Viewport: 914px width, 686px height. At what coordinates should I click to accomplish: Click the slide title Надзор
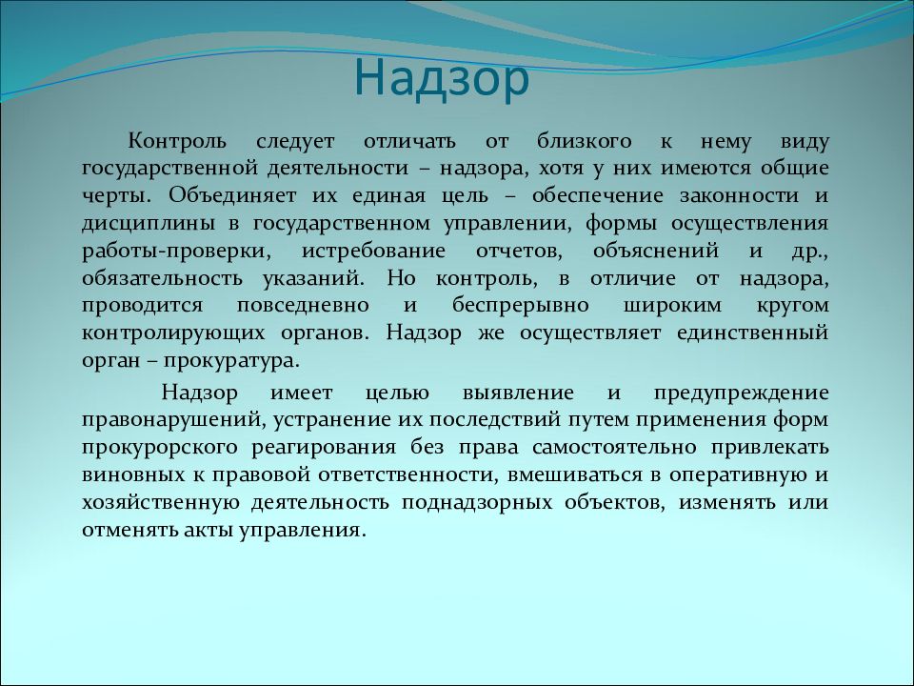point(441,80)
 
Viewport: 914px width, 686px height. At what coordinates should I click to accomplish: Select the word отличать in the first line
point(409,141)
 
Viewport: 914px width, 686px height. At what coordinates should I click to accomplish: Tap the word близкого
point(584,141)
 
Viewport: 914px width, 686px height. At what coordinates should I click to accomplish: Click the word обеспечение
point(598,195)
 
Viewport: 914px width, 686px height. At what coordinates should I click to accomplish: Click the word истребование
point(373,252)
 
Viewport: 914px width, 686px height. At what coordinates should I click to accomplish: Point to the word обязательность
point(162,279)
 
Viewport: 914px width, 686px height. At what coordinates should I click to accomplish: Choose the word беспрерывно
point(521,306)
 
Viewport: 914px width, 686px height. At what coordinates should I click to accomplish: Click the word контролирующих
point(173,333)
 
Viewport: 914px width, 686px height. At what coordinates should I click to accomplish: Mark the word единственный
point(753,333)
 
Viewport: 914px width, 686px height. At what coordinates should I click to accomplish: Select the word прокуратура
point(231,360)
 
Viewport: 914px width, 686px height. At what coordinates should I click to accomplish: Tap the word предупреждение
point(742,393)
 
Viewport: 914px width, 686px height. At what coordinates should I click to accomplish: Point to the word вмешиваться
point(574,474)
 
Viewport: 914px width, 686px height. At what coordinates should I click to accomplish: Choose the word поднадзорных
point(477,503)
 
